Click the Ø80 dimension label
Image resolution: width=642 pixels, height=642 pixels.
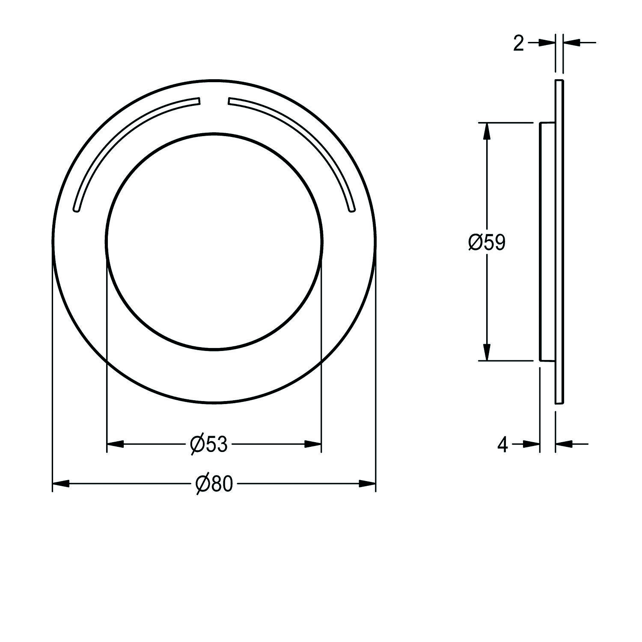click(x=214, y=484)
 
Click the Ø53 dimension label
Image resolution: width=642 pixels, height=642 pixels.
click(x=209, y=444)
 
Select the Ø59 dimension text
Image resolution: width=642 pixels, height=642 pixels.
click(x=487, y=243)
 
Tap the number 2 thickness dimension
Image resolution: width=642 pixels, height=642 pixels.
click(x=518, y=43)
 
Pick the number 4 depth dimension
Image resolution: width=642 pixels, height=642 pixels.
click(x=503, y=445)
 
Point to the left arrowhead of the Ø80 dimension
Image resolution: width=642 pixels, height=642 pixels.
click(x=60, y=484)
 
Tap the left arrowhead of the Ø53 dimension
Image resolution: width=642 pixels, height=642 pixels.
click(x=115, y=444)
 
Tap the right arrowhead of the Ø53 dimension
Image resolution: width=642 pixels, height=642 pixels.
click(x=313, y=444)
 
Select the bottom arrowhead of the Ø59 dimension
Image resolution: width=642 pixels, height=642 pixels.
click(x=486, y=352)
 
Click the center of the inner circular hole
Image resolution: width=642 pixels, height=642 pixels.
click(x=214, y=242)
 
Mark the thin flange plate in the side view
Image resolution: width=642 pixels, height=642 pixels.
click(x=559, y=242)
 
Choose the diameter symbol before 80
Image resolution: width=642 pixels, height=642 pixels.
click(x=202, y=484)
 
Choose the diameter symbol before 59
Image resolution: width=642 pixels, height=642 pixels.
click(x=475, y=243)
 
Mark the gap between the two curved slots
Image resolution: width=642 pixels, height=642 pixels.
click(x=214, y=101)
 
